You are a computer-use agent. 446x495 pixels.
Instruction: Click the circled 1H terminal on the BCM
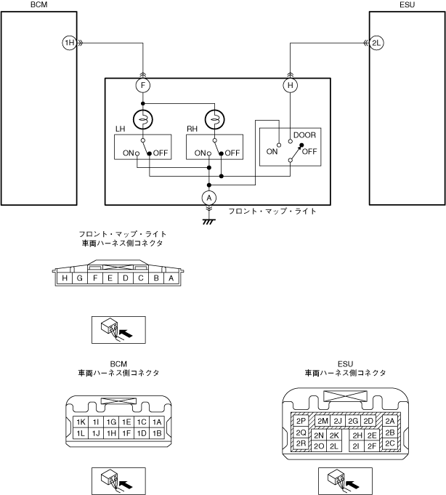tap(70, 43)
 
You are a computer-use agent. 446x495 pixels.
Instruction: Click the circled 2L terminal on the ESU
tap(376, 43)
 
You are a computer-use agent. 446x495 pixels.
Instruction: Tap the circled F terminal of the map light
tap(143, 85)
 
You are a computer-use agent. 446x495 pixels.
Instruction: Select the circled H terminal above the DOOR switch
tap(290, 85)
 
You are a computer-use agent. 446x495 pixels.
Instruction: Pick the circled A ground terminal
tap(208, 198)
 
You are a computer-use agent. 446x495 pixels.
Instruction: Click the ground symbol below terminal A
tap(208, 222)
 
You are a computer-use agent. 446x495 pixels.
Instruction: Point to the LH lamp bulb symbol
tap(143, 120)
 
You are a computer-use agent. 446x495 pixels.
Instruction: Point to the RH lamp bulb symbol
tap(214, 120)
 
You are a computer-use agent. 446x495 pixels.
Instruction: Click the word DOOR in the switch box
tap(304, 135)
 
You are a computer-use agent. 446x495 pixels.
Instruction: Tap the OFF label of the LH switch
tap(161, 153)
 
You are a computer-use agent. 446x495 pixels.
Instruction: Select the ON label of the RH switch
tap(200, 153)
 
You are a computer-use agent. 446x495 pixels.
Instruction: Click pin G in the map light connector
tap(80, 278)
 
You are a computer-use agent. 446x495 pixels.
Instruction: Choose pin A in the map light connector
tap(171, 278)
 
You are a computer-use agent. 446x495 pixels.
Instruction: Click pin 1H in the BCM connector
tap(111, 433)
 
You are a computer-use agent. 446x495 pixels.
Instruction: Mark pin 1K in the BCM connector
tap(81, 422)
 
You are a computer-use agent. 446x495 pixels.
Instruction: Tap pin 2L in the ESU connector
tap(334, 446)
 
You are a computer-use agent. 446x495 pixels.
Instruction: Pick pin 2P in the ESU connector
tap(301, 421)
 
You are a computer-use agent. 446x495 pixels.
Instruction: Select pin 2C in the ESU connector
tap(390, 443)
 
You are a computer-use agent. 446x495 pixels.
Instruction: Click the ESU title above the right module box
tap(408, 5)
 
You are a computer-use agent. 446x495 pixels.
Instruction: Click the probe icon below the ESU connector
tap(345, 481)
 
